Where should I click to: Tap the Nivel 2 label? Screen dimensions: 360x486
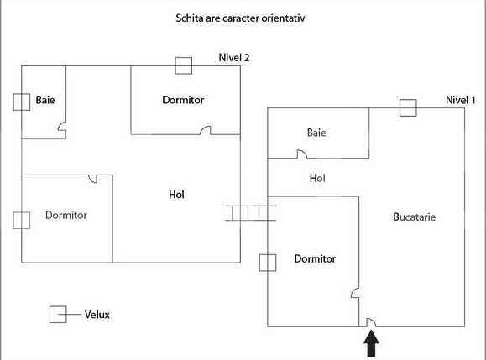pyautogui.click(x=234, y=58)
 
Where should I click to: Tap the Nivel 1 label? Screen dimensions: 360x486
pyautogui.click(x=461, y=100)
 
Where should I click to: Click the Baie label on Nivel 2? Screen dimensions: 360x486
pyautogui.click(x=45, y=101)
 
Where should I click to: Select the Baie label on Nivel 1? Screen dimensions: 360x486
pyautogui.click(x=316, y=133)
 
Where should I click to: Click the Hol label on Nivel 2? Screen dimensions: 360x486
pyautogui.click(x=176, y=195)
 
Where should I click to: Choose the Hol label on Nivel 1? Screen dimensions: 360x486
pyautogui.click(x=317, y=178)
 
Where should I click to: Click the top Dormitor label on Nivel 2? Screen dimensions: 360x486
pyautogui.click(x=183, y=100)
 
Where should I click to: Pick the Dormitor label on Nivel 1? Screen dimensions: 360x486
pyautogui.click(x=315, y=258)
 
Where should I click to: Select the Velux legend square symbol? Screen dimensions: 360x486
pyautogui.click(x=58, y=315)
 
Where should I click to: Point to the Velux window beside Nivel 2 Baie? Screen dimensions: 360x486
pyautogui.click(x=21, y=102)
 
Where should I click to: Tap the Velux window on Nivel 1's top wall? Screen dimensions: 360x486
pyautogui.click(x=408, y=107)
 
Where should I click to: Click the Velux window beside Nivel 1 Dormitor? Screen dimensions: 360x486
pyautogui.click(x=268, y=263)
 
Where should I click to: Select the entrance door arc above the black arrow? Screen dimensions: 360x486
pyautogui.click(x=369, y=321)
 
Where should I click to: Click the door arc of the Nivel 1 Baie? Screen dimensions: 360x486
pyautogui.click(x=301, y=154)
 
